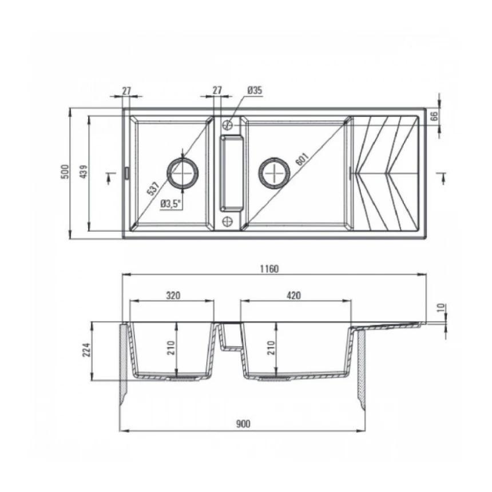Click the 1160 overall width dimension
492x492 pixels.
(x=270, y=269)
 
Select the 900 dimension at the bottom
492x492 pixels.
(x=243, y=424)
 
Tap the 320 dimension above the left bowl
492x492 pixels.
(x=173, y=296)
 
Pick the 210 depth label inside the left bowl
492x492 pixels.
(x=171, y=348)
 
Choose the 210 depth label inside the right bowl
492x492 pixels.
(x=271, y=348)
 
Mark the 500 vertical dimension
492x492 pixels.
(x=65, y=172)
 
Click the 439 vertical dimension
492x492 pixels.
(x=84, y=172)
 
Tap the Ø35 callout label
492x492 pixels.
(x=254, y=90)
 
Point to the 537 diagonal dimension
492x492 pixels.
(x=153, y=189)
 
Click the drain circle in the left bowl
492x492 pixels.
(x=182, y=172)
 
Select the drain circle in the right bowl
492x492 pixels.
(x=274, y=172)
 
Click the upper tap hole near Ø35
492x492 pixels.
(x=228, y=124)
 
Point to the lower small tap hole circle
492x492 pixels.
(x=228, y=220)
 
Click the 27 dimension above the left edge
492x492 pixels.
(x=127, y=90)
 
